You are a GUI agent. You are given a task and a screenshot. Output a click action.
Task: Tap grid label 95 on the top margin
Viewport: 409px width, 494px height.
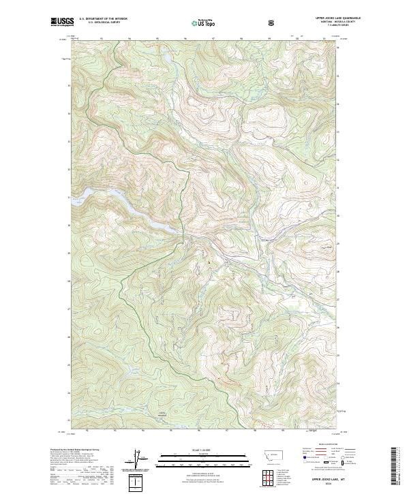pos(157,38)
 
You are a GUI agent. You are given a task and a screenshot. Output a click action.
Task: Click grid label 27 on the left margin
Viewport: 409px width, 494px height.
pos(67,309)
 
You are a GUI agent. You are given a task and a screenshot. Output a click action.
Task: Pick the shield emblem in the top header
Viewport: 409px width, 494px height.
pos(272,23)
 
